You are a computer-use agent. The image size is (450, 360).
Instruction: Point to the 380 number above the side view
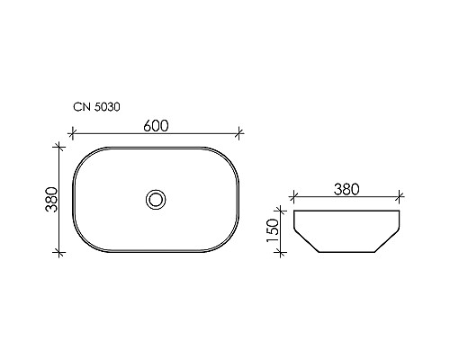(x=346, y=189)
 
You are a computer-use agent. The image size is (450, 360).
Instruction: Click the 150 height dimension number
(x=283, y=233)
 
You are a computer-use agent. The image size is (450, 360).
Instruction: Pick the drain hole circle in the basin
(x=156, y=199)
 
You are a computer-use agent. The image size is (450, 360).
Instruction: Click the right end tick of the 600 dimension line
(x=240, y=134)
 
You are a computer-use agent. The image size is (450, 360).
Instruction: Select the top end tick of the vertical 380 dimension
(x=60, y=145)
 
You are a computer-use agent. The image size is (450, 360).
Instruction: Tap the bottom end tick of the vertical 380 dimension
(x=60, y=253)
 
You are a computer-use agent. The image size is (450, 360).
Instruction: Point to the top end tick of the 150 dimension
(x=283, y=211)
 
